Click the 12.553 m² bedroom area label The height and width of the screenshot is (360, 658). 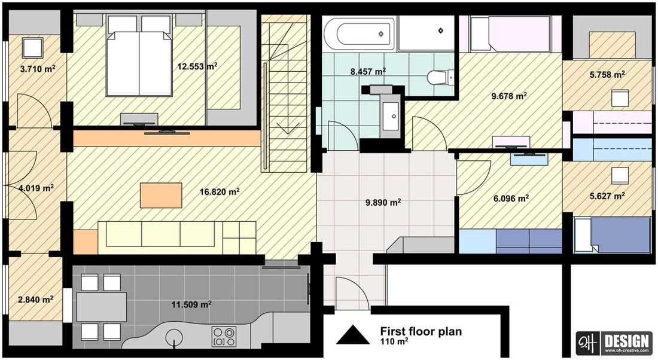click(x=197, y=66)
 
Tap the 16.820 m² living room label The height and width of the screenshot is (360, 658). click(x=220, y=192)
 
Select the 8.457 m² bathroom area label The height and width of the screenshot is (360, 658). click(x=368, y=71)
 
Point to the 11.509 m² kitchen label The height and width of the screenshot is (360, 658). click(x=191, y=304)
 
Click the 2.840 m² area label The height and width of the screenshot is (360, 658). click(x=35, y=300)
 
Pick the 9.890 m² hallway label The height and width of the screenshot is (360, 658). click(x=383, y=203)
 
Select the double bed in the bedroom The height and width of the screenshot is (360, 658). click(x=139, y=56)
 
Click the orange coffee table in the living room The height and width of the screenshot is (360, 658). click(x=161, y=195)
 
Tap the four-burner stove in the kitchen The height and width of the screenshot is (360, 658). click(x=224, y=337)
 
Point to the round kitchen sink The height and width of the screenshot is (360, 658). click(x=174, y=337)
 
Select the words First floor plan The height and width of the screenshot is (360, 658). click(x=421, y=331)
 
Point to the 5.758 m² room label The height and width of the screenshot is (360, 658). click(x=607, y=75)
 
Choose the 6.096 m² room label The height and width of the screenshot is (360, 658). click(x=511, y=198)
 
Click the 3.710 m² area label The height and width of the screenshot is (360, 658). click(x=38, y=68)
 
